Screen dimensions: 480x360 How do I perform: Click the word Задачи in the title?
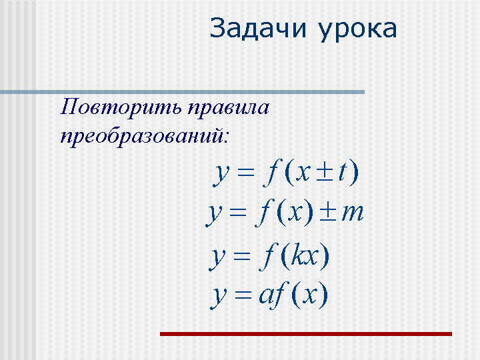coord(258,28)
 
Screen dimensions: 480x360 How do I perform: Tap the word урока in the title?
coord(357,31)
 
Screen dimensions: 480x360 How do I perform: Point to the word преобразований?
coord(142,137)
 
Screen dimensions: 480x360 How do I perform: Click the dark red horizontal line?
coord(306,334)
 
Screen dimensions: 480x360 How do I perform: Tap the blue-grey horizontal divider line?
coord(183,92)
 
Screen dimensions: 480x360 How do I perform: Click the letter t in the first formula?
coord(342,173)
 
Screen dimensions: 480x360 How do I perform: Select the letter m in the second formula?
coord(353,213)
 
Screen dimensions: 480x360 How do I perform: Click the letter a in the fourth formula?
coord(266,295)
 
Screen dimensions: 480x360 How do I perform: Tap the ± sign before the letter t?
coord(325,172)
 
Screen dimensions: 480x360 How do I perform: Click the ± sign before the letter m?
coord(328,212)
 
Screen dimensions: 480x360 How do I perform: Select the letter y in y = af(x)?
coord(218,297)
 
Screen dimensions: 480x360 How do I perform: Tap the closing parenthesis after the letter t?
coord(354,173)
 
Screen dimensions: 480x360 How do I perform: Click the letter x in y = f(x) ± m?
coord(296,213)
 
